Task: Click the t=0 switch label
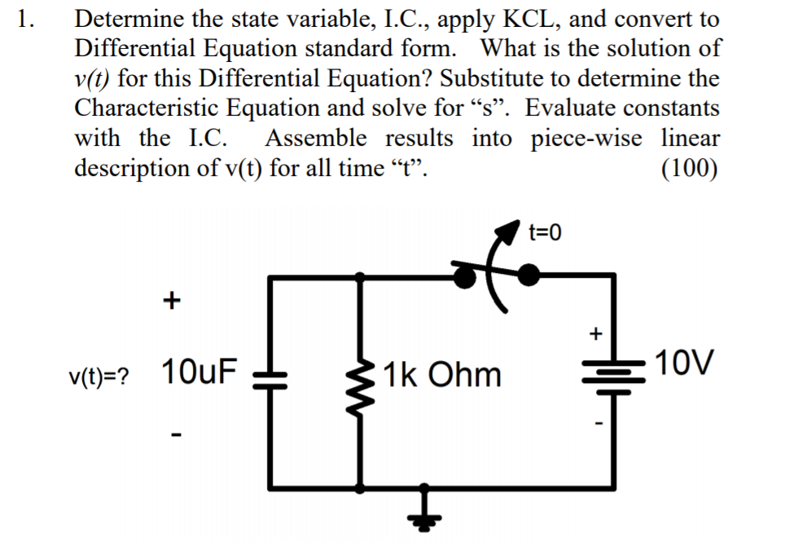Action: point(545,234)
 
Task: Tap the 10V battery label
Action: point(685,362)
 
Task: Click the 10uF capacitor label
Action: point(200,372)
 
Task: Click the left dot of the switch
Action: point(466,277)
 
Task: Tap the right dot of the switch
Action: point(529,275)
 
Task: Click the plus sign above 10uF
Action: point(170,302)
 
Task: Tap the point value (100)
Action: point(690,168)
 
